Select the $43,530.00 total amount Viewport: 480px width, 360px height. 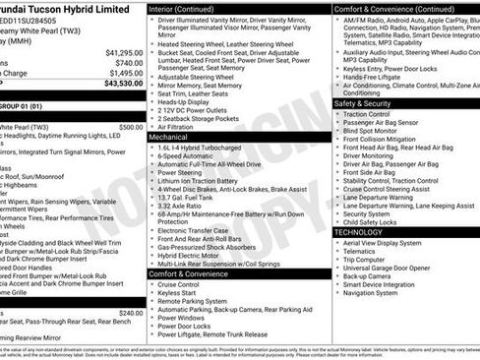pyautogui.click(x=123, y=84)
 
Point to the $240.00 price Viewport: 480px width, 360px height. pyautogui.click(x=131, y=312)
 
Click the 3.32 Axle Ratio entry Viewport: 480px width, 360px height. pyautogui.click(x=188, y=205)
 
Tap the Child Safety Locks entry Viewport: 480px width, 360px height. pyautogui.click(x=377, y=221)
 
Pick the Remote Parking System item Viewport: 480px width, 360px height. pyautogui.click(x=197, y=301)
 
